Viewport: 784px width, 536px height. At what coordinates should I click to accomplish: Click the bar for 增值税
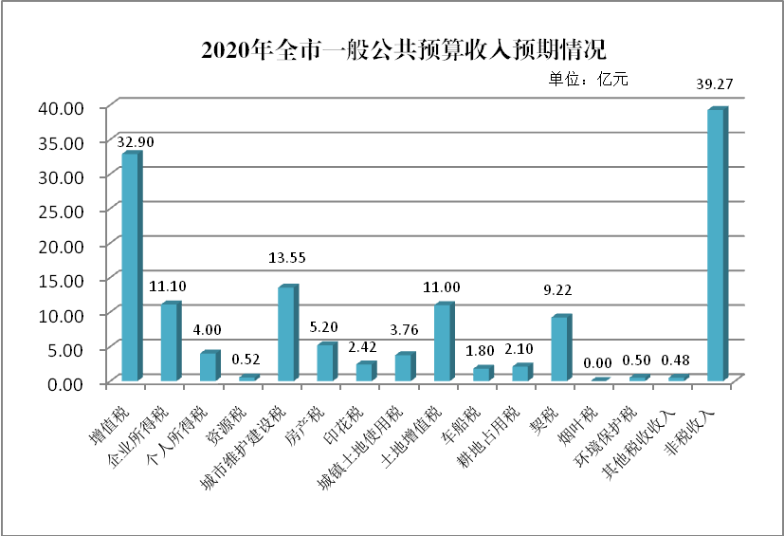[x=130, y=268]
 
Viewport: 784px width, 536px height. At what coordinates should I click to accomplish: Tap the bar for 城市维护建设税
[x=286, y=335]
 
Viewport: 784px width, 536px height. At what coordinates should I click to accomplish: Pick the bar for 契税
[x=559, y=349]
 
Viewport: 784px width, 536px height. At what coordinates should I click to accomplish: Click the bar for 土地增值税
[x=442, y=343]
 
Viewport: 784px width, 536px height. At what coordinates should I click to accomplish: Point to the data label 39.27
[x=717, y=84]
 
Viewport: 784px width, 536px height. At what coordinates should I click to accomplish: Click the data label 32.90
[x=136, y=142]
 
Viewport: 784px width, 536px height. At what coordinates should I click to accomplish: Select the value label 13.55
[x=290, y=257]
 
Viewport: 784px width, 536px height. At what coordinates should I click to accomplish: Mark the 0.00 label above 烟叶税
[x=598, y=362]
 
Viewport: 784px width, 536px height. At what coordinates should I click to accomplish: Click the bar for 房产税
[x=325, y=362]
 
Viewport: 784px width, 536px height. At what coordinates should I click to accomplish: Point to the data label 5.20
[x=329, y=325]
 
